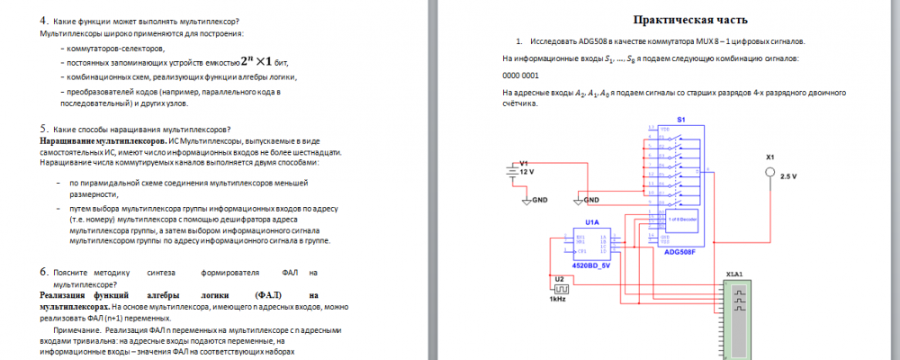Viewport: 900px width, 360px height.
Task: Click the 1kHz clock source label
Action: coord(558,299)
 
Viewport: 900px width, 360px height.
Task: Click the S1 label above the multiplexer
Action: coord(681,120)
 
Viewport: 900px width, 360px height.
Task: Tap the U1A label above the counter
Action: coord(591,221)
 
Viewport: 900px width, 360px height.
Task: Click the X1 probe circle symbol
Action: coord(770,170)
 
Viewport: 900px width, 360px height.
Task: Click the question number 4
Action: coord(43,21)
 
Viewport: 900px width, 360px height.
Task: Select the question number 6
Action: coord(43,271)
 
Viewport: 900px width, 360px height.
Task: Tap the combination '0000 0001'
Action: coord(520,76)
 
